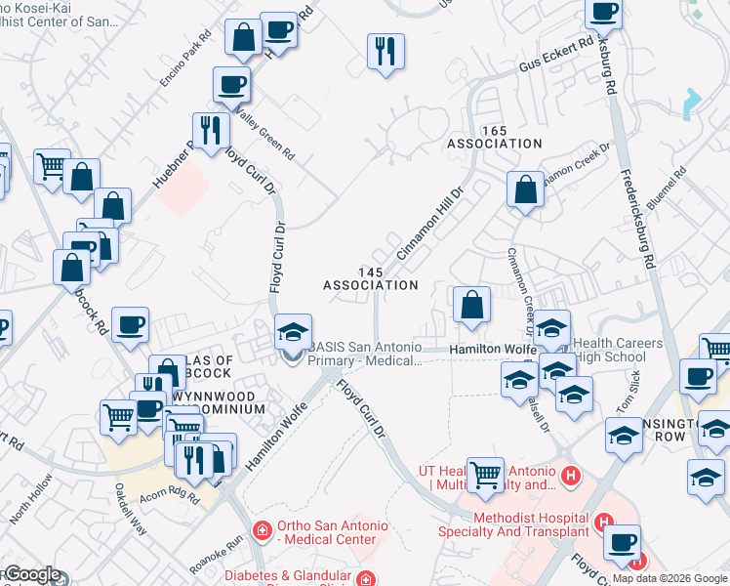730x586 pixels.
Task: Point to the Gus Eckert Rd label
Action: point(556,61)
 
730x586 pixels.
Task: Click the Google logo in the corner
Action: point(31,575)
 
